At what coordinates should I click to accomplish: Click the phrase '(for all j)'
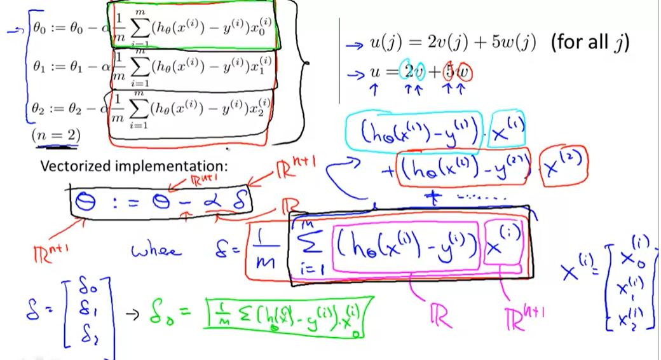pos(590,43)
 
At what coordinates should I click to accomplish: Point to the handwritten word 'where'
pos(156,251)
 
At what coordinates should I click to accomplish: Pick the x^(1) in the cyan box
pos(508,132)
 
